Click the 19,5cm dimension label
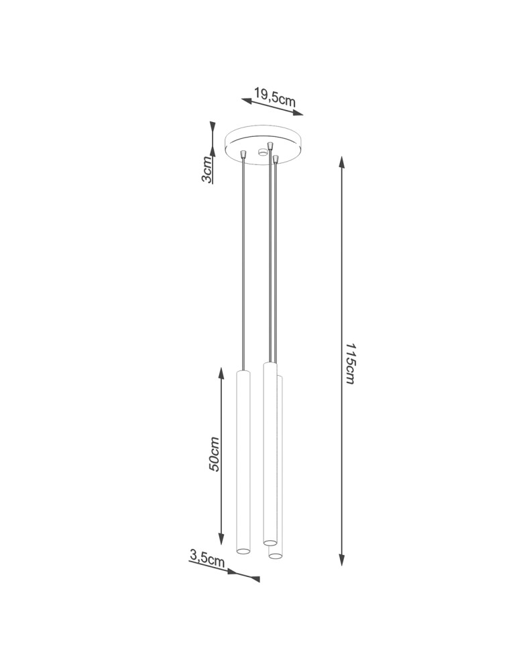click(x=275, y=97)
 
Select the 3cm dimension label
click(x=207, y=170)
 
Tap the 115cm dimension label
click(x=351, y=363)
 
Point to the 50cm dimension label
click(x=214, y=454)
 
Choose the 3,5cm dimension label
click(x=207, y=558)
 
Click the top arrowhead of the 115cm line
click(x=341, y=162)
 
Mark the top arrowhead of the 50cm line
click(x=221, y=374)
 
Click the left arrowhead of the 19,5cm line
click(x=247, y=101)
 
